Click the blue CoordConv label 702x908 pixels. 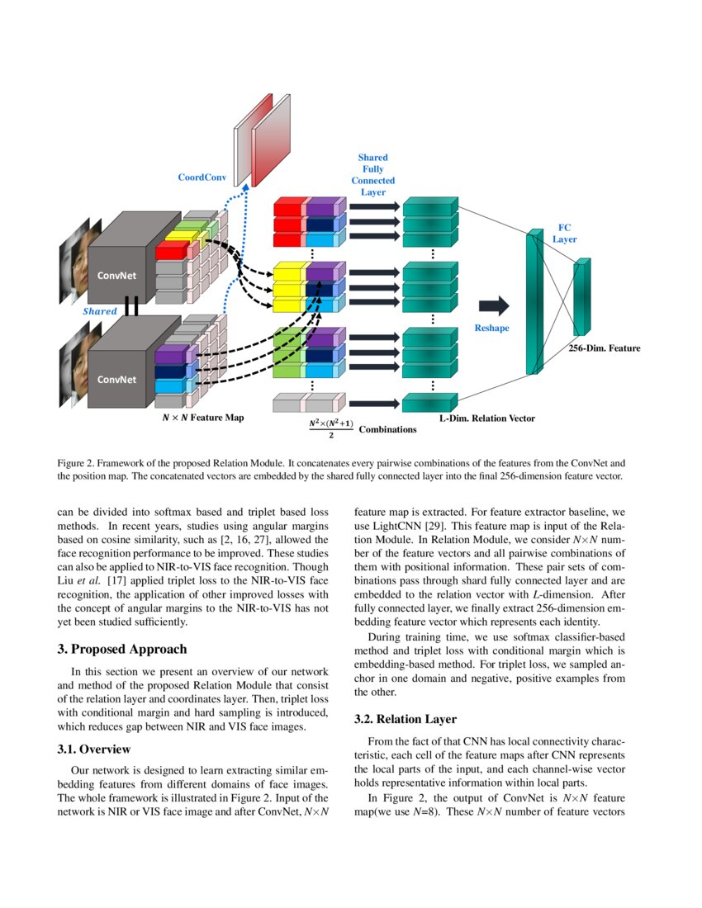point(202,177)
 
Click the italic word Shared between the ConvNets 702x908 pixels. point(100,312)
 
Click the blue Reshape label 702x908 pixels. point(491,328)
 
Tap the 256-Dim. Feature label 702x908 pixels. point(605,348)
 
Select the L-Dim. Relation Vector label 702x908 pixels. point(487,419)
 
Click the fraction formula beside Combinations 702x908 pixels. point(330,428)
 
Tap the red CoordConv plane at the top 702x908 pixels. point(273,140)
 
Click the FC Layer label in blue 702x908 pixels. point(564,232)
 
